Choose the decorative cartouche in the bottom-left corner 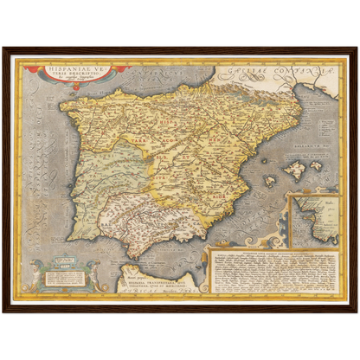64,274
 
